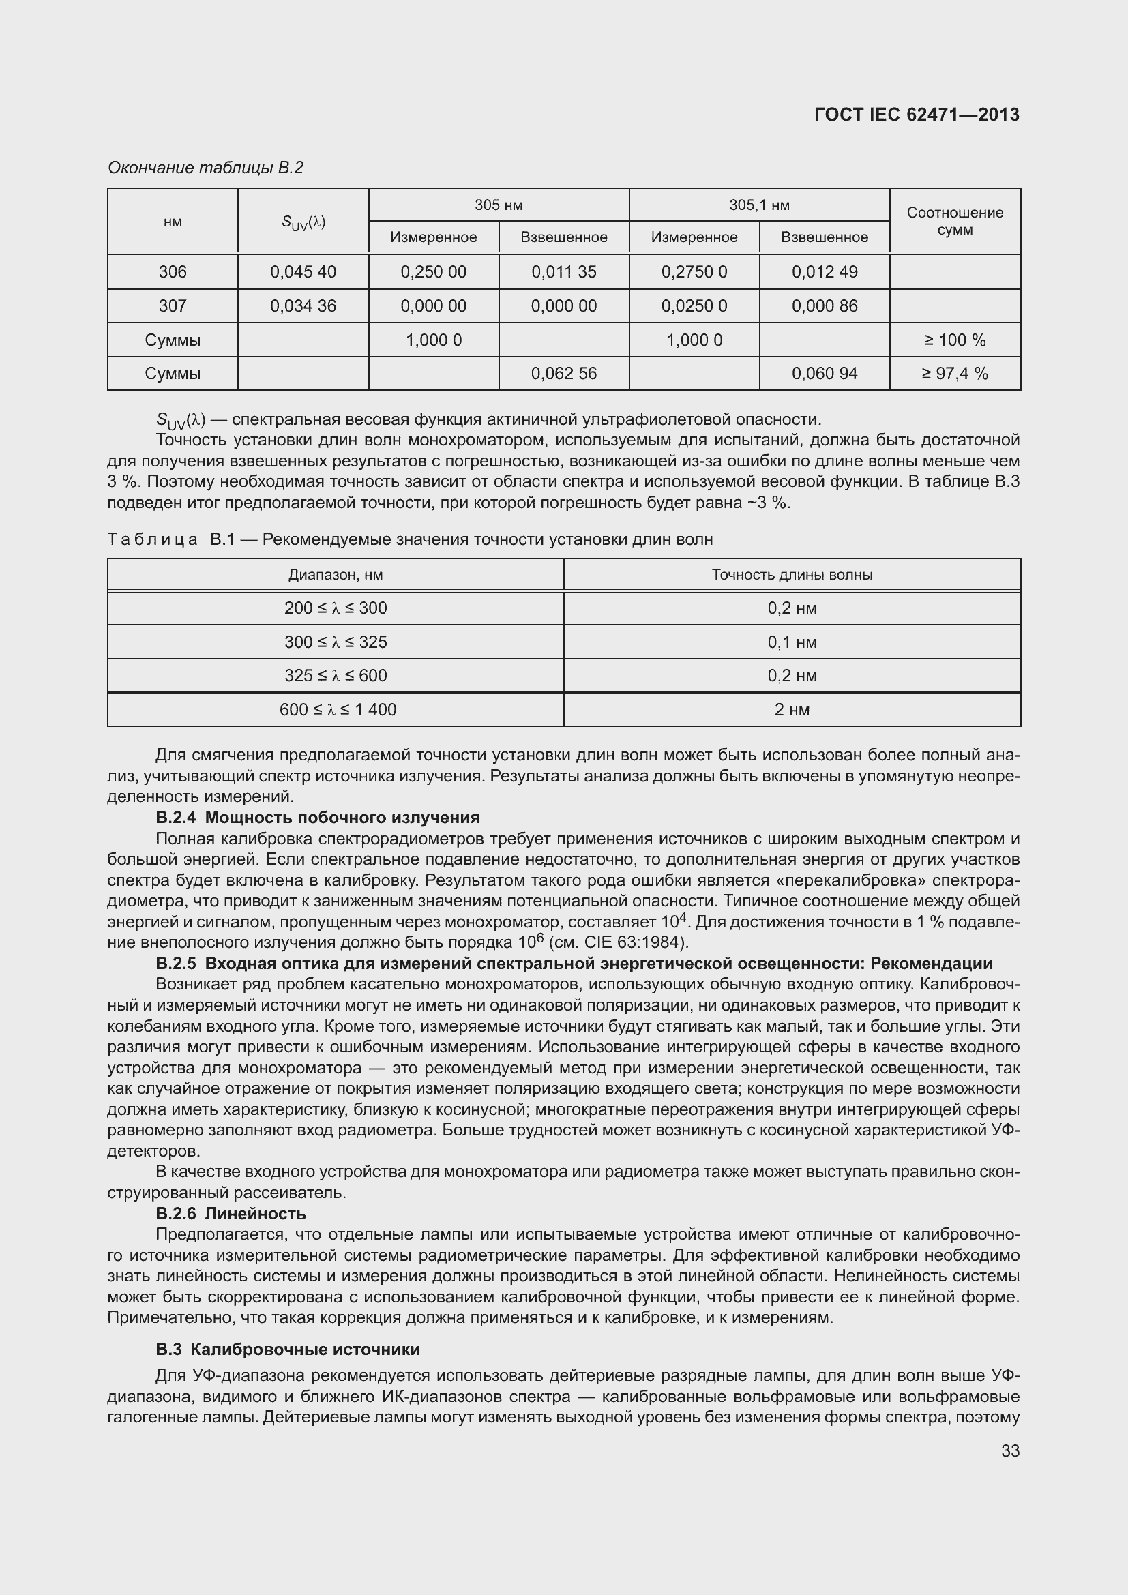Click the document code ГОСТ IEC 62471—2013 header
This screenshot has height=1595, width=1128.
click(916, 115)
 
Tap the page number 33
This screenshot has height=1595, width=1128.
click(1010, 1450)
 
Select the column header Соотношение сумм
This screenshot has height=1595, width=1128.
click(955, 221)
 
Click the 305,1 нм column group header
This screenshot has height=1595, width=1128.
click(759, 205)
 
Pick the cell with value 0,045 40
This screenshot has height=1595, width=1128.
click(303, 271)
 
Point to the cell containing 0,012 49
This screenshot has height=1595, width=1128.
click(825, 271)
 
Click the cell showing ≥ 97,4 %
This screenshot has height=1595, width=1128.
click(955, 374)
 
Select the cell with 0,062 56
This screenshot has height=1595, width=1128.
click(563, 374)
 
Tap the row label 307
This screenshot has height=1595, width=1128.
click(173, 305)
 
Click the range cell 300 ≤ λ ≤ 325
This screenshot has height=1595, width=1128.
click(336, 642)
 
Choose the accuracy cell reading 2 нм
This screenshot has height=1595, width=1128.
click(792, 709)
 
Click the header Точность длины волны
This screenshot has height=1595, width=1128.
click(792, 574)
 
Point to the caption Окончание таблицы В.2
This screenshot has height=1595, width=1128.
click(205, 168)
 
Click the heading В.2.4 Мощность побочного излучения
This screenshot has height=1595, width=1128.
click(317, 818)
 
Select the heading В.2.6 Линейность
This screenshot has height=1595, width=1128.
click(231, 1214)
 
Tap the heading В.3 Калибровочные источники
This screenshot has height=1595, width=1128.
click(288, 1349)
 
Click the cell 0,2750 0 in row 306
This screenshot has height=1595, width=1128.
click(694, 271)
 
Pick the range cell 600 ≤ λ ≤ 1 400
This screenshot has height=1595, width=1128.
click(338, 709)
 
